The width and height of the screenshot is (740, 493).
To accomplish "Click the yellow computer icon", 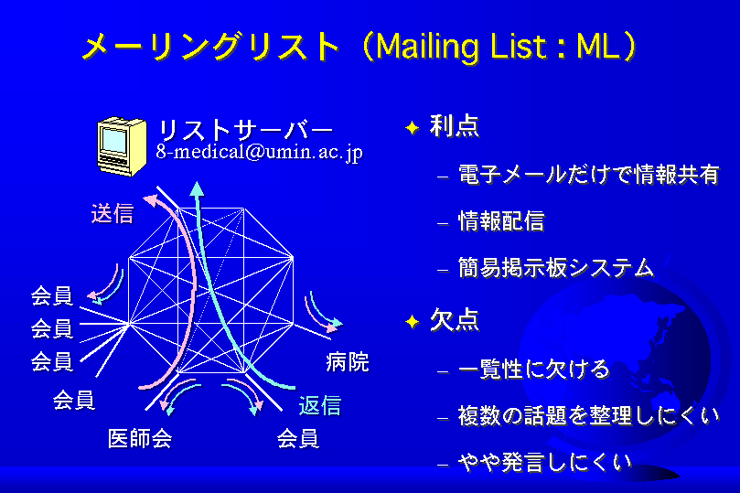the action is (122, 146).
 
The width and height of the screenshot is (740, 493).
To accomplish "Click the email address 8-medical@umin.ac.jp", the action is (260, 153).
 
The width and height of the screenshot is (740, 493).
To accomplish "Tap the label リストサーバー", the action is (245, 130).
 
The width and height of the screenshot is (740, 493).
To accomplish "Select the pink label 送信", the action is (113, 214).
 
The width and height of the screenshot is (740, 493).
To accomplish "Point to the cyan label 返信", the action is (320, 405).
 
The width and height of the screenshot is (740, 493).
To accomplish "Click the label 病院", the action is (348, 362).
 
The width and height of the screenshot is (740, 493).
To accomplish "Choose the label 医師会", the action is (140, 438).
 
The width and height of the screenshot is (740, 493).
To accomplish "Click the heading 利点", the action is (455, 126).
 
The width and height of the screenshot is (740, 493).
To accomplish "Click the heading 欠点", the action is (455, 320).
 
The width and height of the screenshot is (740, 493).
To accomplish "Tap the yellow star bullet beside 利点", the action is (413, 128).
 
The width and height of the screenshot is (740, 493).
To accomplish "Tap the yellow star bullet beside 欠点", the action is (413, 321).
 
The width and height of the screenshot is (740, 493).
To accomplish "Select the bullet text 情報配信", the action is (501, 221).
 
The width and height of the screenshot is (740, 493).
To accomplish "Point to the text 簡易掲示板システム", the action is (556, 267).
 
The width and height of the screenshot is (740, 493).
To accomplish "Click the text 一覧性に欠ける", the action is (534, 369).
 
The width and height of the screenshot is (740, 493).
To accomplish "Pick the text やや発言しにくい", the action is (545, 462).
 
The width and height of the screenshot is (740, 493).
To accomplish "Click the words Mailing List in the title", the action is (462, 47).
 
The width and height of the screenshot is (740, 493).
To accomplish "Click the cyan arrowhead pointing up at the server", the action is (197, 188).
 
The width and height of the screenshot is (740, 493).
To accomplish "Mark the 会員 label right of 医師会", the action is (298, 438).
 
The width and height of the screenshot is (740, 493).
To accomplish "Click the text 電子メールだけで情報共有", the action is (589, 174).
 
